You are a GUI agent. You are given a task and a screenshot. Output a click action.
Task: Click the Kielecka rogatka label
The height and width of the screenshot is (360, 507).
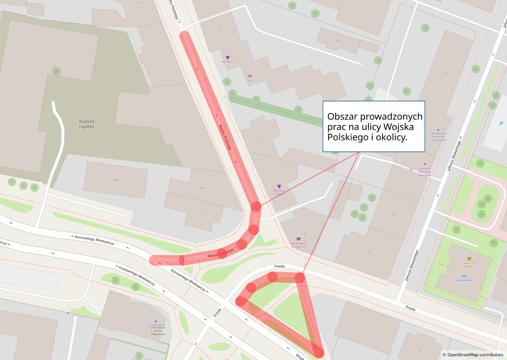point(86,124)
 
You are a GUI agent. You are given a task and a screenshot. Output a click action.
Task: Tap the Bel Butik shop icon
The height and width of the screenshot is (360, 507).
point(228,57)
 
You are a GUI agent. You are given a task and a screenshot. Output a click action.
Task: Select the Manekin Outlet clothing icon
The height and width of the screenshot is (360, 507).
point(279,186)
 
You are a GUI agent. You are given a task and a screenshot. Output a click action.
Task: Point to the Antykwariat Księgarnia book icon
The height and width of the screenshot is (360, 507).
point(298,239)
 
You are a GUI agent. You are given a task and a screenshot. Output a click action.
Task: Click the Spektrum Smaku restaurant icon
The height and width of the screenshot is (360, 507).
point(469,258)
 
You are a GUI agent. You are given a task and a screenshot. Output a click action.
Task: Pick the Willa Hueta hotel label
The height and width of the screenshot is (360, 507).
point(464,280)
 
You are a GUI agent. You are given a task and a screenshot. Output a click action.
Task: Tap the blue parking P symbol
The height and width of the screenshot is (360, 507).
point(501,123)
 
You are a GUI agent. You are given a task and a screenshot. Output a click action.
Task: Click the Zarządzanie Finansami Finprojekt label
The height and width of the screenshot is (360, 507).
point(438,136)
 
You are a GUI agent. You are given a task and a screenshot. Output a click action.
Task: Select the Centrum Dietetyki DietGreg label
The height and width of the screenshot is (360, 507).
point(425,172)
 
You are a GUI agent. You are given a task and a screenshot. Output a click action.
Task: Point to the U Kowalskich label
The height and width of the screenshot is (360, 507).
point(156,325)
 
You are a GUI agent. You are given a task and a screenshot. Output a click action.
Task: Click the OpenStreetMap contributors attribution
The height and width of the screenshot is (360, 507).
point(473,355)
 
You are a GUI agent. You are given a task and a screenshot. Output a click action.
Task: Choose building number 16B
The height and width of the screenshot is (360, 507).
point(116,180)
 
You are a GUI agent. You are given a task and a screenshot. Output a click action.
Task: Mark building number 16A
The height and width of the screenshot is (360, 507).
point(200,188)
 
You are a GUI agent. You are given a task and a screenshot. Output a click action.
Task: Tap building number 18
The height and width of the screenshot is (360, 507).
point(199,210)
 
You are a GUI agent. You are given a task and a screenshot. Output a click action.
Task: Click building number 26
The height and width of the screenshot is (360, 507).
point(445,73)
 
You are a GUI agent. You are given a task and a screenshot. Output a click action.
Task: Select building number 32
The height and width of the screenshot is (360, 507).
point(369,251)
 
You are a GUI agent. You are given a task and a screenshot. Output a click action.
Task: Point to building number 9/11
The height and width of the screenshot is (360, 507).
point(338,41)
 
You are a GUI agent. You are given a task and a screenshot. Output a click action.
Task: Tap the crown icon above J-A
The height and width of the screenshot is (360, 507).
point(250,76)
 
